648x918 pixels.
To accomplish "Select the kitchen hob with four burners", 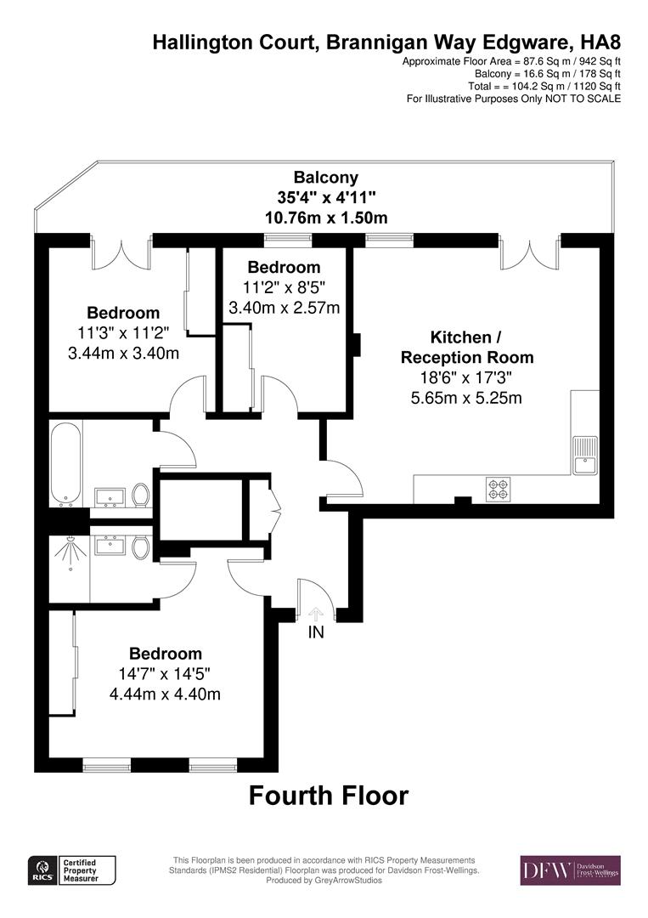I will (498, 489).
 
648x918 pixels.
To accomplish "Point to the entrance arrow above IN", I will (316, 614).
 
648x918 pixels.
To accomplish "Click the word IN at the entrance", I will (316, 632).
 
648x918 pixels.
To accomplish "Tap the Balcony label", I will (326, 178).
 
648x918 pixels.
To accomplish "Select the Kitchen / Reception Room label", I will (467, 346).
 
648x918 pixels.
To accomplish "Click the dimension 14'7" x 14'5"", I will (166, 674).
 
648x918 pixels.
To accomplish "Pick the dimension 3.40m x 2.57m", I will (285, 307).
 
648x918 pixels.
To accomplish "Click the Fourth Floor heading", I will (328, 796).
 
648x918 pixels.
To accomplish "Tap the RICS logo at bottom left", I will (41, 870).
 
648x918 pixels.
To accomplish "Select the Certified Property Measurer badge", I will (88, 870).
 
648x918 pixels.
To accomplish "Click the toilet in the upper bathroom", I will (141, 495).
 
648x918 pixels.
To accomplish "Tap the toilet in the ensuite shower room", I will (141, 547).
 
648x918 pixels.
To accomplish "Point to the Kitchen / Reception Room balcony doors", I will (530, 252).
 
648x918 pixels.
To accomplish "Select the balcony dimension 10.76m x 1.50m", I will (326, 218).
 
